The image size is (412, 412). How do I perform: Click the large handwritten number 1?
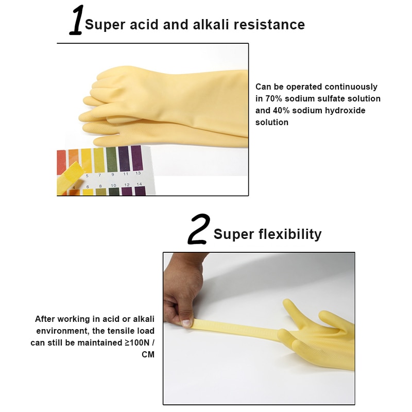(x=77, y=21)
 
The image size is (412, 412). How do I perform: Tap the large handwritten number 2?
(x=198, y=230)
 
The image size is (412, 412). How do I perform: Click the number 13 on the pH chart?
(x=138, y=173)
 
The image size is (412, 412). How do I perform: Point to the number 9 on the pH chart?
(x=112, y=175)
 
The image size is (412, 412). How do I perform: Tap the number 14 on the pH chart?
(x=140, y=184)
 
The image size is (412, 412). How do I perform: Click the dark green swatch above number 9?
(x=111, y=159)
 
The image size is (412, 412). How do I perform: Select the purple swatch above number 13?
(x=136, y=158)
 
